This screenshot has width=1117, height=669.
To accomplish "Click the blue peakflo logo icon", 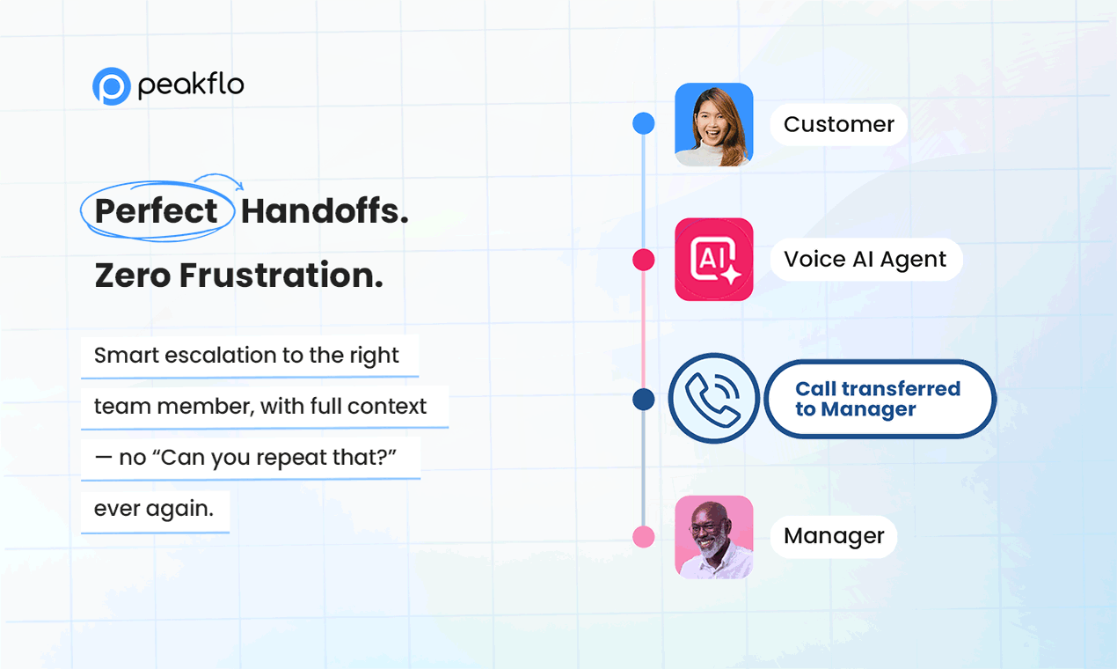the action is [111, 86].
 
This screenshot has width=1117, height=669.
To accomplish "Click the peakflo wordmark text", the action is [191, 85].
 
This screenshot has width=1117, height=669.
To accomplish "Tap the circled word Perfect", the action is [156, 210].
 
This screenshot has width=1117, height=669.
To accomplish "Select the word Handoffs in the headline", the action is [325, 210].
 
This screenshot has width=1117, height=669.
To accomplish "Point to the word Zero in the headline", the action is [133, 276].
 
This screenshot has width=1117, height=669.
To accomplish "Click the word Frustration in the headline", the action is [281, 276].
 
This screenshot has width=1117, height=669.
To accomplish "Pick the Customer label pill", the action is [839, 124].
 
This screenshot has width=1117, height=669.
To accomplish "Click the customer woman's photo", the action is [713, 124].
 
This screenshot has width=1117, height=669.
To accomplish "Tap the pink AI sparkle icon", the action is [713, 259].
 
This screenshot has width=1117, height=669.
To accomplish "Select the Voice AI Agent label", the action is [866, 259].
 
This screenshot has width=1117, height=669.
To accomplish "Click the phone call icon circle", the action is [713, 399].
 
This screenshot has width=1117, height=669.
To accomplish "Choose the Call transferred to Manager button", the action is [880, 399].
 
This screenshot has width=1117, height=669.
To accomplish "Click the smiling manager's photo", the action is [713, 537].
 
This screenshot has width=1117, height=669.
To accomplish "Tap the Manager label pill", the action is [834, 536].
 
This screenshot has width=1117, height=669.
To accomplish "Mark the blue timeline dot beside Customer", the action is [643, 123].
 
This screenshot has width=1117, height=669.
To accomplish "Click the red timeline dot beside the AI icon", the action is [643, 260].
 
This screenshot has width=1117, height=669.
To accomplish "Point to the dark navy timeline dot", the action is [643, 399].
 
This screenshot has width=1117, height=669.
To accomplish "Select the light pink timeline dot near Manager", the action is [643, 537].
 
